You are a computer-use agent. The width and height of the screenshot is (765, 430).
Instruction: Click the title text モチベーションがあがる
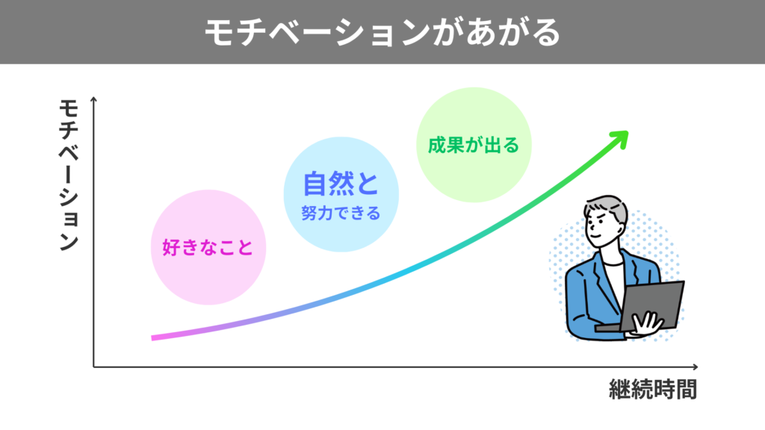(382, 32)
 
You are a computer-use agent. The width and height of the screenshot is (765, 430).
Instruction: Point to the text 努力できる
(341, 214)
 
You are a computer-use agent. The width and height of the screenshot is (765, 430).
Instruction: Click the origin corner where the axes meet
(94, 367)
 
